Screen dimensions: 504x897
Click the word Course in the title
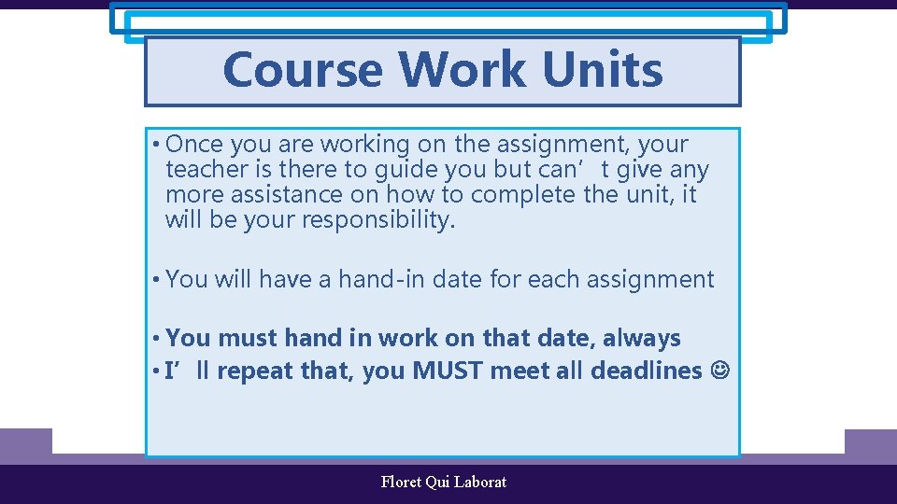[x=303, y=70]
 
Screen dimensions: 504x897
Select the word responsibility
[x=378, y=221]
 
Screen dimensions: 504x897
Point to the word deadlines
[x=646, y=371]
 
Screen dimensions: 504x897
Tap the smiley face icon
[x=721, y=371]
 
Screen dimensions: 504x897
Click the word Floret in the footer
[x=401, y=483]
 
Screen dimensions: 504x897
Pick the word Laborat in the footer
[x=480, y=483]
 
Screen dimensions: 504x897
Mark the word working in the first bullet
[x=364, y=145]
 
